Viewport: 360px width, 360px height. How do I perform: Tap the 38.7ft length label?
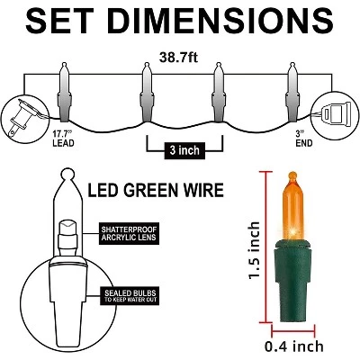(x=178, y=57)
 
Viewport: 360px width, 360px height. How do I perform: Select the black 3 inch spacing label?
(x=184, y=150)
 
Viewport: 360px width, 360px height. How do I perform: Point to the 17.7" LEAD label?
(x=63, y=138)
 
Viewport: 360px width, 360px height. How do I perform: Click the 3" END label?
(x=304, y=138)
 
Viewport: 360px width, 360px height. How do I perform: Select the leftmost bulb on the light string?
(x=65, y=92)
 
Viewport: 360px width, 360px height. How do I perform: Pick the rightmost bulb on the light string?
(x=292, y=92)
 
